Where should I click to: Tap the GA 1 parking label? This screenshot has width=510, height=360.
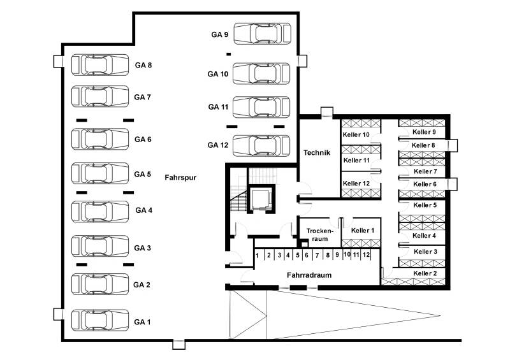click(142, 322)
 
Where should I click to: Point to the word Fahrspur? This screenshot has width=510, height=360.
click(178, 178)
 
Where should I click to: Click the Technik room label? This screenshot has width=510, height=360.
click(316, 152)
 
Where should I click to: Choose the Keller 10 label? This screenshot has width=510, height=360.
click(356, 135)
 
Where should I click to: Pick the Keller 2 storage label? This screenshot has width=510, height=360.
click(425, 273)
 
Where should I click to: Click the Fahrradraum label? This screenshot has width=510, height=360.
click(309, 275)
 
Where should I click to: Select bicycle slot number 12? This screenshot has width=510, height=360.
click(366, 255)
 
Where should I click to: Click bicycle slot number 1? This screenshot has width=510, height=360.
click(258, 256)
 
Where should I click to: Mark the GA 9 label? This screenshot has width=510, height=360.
click(220, 34)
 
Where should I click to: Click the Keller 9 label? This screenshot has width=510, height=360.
click(425, 132)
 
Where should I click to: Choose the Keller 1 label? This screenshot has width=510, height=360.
click(362, 230)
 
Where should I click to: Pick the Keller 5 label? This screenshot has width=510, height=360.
click(425, 205)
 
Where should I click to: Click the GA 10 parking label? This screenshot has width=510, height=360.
click(218, 74)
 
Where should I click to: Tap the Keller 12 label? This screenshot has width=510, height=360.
click(356, 184)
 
